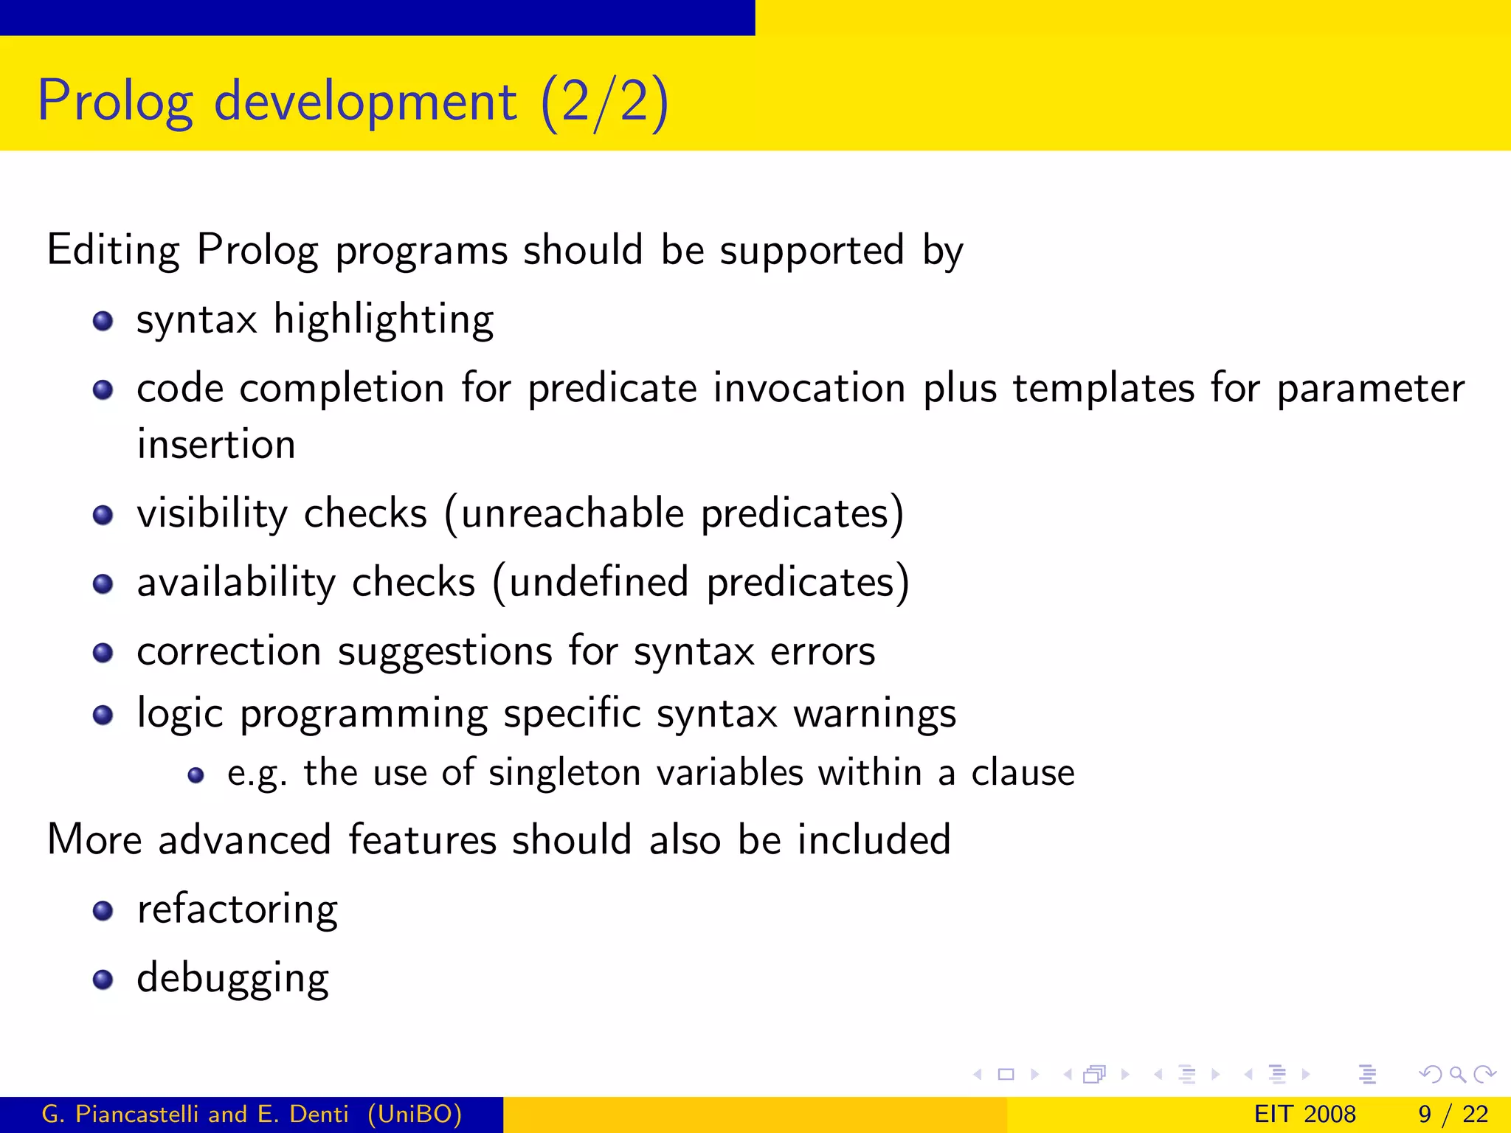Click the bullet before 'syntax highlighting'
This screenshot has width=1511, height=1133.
click(103, 321)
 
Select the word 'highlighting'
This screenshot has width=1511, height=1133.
click(384, 320)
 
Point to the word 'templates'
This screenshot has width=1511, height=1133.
click(1103, 388)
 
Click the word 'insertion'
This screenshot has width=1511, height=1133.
click(216, 445)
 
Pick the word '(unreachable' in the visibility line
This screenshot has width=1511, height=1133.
click(564, 513)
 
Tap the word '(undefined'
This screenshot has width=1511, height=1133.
click(590, 583)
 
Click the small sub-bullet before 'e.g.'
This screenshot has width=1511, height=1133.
click(196, 775)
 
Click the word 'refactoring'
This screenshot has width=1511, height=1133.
click(238, 909)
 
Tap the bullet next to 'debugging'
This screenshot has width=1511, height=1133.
click(103, 980)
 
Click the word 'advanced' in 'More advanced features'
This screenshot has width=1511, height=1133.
click(244, 840)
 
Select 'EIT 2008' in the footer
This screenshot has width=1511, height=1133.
click(1304, 1114)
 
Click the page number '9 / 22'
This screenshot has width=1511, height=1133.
click(1453, 1114)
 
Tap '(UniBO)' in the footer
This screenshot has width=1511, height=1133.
click(415, 1114)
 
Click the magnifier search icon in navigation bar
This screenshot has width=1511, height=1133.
click(1457, 1074)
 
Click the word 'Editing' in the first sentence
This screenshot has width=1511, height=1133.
click(113, 250)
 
